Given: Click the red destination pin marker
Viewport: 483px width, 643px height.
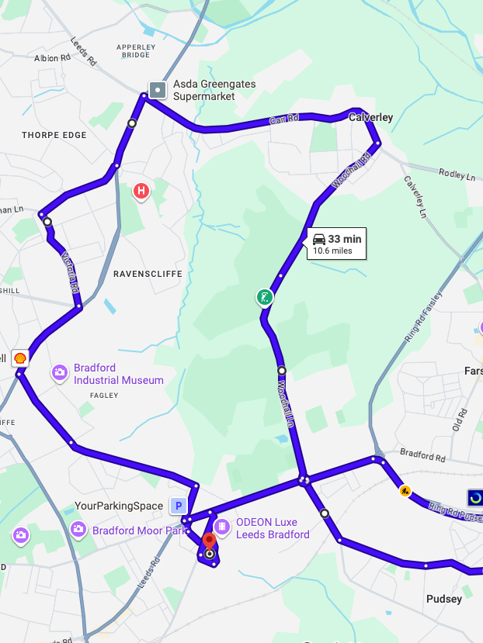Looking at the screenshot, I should point(209,541).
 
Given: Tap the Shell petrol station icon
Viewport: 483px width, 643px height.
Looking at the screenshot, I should point(20,358).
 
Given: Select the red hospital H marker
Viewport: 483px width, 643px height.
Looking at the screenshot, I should point(141,190).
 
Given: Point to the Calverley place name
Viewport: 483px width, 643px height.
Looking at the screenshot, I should point(371,117).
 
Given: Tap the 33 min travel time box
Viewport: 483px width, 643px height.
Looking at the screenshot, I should point(337,244).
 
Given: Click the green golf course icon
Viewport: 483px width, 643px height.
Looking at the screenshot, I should point(266,296).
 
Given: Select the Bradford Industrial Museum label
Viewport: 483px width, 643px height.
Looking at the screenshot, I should point(119,374).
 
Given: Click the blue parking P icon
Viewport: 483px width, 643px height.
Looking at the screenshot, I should point(179,506).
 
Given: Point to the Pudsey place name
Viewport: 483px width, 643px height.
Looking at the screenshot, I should point(444,599).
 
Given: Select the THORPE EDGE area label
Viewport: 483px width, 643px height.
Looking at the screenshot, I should point(54,135).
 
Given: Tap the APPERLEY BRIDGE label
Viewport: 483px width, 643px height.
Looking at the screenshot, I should point(136,51).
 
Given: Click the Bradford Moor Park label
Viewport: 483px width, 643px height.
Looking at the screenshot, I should point(141,531).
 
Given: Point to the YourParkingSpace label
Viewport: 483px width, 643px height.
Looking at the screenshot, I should point(119,506).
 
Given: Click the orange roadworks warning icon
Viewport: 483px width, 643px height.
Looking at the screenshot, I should point(405,490).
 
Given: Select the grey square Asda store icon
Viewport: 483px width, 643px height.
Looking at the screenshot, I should point(158,90).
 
